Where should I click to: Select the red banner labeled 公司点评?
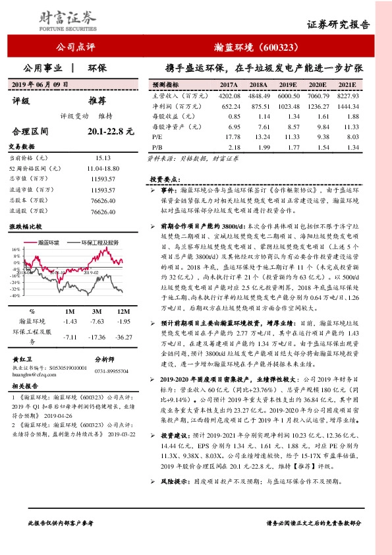(x=76, y=47)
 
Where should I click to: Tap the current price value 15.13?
(x=103, y=158)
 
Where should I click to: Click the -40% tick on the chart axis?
(x=14, y=296)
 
